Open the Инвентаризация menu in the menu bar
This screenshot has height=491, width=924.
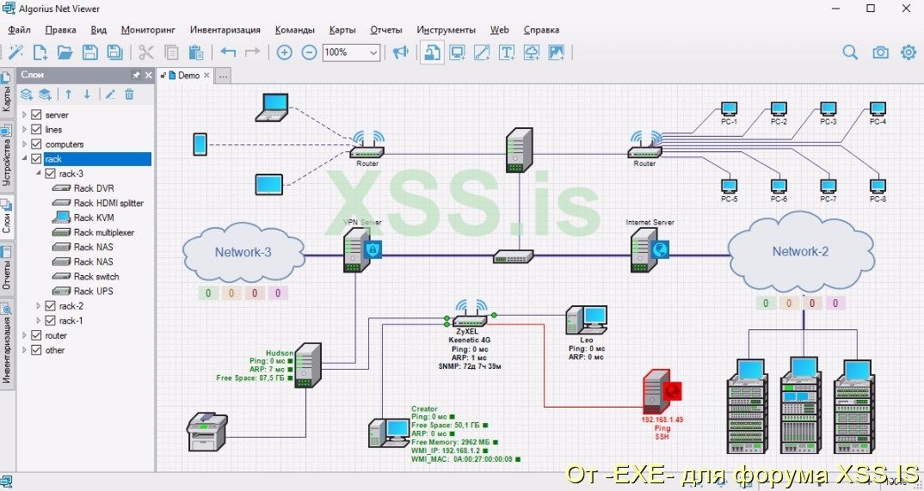pyautogui.click(x=227, y=29)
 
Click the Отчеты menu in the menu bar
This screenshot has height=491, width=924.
pyautogui.click(x=386, y=29)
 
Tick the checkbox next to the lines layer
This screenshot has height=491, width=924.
pyautogui.click(x=36, y=130)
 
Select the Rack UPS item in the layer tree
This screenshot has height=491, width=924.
pyautogui.click(x=93, y=291)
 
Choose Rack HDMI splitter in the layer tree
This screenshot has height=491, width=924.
pyautogui.click(x=108, y=203)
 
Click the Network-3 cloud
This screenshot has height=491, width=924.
pyautogui.click(x=243, y=251)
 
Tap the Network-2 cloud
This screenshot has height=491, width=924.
pyautogui.click(x=800, y=251)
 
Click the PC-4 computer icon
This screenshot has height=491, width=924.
pyautogui.click(x=878, y=109)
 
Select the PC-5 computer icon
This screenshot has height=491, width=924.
pyautogui.click(x=729, y=186)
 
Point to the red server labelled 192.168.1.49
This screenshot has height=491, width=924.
pyautogui.click(x=657, y=393)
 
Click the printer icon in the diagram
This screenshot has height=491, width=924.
pyautogui.click(x=207, y=431)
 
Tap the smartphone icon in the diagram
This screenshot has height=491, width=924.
pyautogui.click(x=200, y=144)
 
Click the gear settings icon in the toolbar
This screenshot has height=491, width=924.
pyautogui.click(x=908, y=52)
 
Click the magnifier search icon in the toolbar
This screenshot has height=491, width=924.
pyautogui.click(x=850, y=52)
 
